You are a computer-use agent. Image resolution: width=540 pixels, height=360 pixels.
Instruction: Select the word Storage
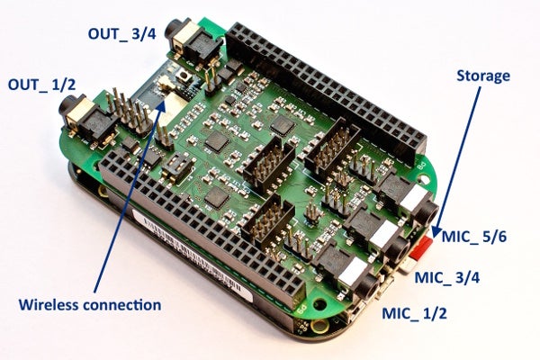pyautogui.click(x=484, y=76)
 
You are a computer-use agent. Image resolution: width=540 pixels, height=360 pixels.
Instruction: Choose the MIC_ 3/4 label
pyautogui.click(x=447, y=277)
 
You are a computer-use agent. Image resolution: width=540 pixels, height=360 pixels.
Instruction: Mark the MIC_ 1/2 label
pyautogui.click(x=415, y=313)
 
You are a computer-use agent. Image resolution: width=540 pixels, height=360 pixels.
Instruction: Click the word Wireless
pyautogui.click(x=52, y=305)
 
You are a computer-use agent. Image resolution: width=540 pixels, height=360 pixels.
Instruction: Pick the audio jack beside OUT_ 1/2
pyautogui.click(x=79, y=115)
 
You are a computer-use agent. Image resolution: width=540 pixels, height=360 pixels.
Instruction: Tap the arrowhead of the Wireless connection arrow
pyautogui.click(x=165, y=98)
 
